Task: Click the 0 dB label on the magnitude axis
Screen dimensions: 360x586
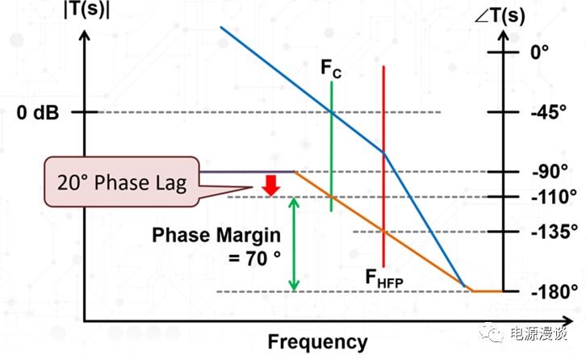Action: (36, 112)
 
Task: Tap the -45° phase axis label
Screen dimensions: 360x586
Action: (549, 112)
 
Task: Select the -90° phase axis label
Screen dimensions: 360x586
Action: (549, 172)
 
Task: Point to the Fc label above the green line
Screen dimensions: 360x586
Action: (331, 69)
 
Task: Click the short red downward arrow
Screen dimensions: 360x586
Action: (271, 186)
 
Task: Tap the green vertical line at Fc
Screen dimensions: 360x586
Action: (332, 161)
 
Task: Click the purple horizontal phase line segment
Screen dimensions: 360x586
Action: (246, 172)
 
